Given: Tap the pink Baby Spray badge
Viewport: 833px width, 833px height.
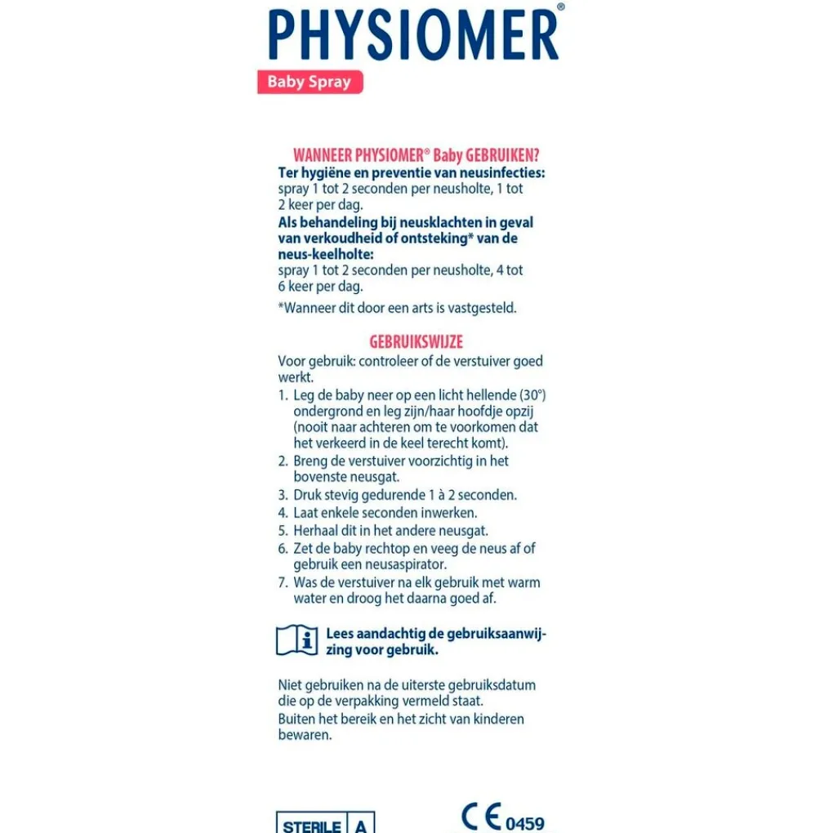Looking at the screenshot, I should click(310, 82).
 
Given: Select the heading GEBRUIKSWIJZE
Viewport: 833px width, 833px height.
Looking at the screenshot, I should click(416, 342).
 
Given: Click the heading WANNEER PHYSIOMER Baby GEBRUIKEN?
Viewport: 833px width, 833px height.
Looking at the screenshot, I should click(416, 155).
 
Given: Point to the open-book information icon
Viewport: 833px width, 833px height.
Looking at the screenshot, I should click(296, 639).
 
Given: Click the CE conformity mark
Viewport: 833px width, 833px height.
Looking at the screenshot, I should click(480, 817).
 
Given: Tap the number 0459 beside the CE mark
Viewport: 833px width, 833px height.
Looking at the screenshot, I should click(525, 822).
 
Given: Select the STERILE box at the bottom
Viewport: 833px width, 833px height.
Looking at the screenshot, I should click(312, 825).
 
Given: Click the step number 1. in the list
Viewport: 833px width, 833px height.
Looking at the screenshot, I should click(283, 395).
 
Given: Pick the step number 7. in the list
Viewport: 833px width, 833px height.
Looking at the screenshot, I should click(283, 582).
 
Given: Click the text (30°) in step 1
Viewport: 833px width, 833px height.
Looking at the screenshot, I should click(532, 395).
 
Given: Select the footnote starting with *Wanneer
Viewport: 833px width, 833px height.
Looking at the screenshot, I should click(397, 308).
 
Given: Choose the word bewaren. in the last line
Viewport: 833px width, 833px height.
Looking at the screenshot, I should click(305, 735).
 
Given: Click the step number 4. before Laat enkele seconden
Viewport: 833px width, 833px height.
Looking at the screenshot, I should click(283, 513).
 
